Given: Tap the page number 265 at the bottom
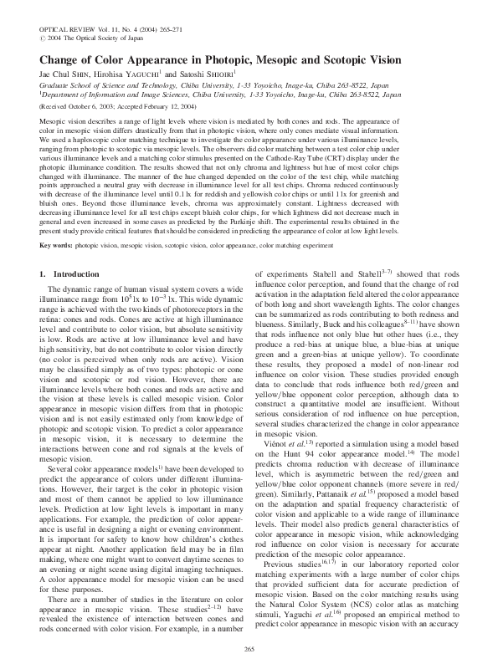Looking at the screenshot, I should tap(249, 649).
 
